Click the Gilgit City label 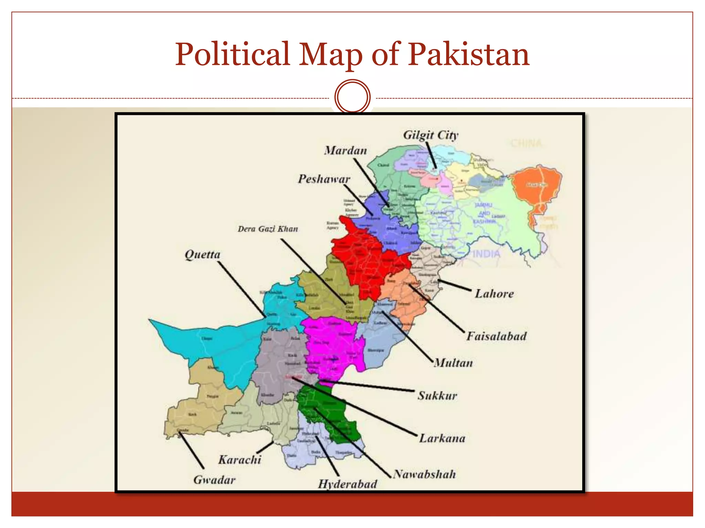coord(430,135)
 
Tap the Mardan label coord(345,151)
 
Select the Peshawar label coord(324,179)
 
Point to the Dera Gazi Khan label coord(267,229)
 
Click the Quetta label coord(202,255)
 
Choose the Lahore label coord(494,294)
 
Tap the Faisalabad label coord(496,336)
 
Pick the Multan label coord(453,363)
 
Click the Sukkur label coord(437,396)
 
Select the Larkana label coord(442,438)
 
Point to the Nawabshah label coord(424,474)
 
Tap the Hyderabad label coord(347,484)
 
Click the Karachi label coord(240,460)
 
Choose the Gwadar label coord(214,480)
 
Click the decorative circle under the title coord(352,97)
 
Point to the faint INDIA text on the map coord(486,254)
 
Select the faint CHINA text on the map coord(526,143)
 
